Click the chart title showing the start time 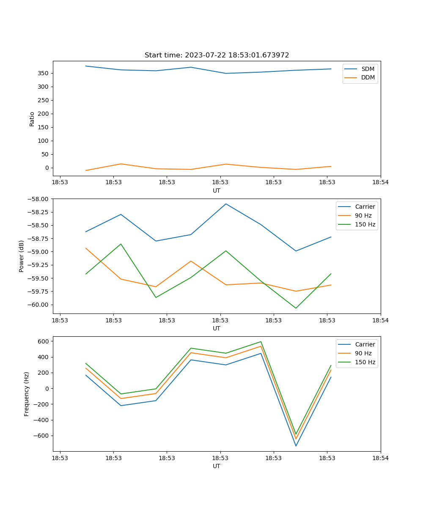click(217, 55)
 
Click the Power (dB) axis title click(22, 256)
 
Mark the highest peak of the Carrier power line click(226, 204)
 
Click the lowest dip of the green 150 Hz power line click(296, 308)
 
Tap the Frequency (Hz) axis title click(27, 394)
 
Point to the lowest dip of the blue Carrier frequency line click(296, 446)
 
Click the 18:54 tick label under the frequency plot click(380, 458)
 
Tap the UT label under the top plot click(217, 191)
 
